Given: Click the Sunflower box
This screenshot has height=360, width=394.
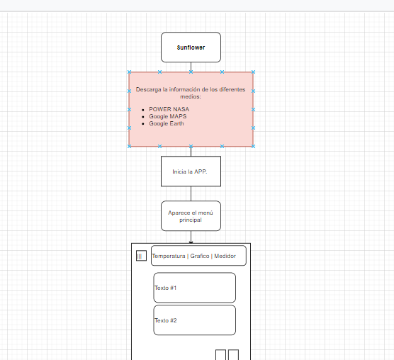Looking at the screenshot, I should point(191,47).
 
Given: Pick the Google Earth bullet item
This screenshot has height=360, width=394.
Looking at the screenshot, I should point(166,123).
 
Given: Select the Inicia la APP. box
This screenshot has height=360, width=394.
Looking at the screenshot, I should point(190,171).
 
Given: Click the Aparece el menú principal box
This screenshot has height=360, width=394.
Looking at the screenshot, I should point(191,215).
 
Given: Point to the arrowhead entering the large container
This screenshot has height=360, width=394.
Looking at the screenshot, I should point(191,242).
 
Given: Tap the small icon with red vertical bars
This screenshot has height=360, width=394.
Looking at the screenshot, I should point(140,256).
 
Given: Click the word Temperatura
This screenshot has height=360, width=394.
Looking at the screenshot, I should point(168,256).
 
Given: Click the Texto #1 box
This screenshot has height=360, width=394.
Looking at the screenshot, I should point(194,288).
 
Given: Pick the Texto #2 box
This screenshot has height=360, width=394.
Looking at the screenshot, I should point(194,320).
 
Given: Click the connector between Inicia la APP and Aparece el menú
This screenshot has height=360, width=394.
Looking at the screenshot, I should point(191,193).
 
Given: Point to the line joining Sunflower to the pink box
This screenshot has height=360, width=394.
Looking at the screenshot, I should point(191,67).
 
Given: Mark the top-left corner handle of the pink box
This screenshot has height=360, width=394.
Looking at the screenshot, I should point(129,72).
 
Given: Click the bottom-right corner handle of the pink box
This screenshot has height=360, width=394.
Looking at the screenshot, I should point(253,146).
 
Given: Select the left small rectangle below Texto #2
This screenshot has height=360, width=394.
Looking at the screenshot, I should point(220,355).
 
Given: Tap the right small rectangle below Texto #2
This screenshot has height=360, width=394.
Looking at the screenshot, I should point(232,355).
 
